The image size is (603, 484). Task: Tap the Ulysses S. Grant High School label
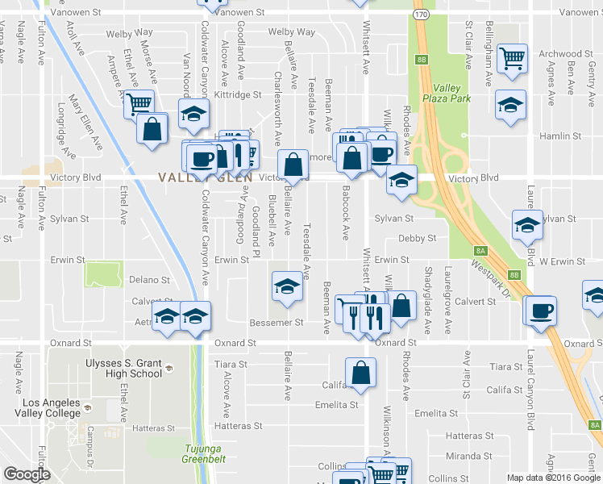coord(123,368)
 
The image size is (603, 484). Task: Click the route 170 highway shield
coord(421,15)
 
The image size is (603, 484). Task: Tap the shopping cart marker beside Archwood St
coord(512,59)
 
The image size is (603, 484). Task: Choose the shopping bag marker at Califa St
coord(361,373)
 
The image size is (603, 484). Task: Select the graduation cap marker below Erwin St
coord(286,287)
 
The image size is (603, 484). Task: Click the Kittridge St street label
coord(238,94)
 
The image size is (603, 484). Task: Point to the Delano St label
coord(149,281)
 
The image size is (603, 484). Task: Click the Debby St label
coord(417,239)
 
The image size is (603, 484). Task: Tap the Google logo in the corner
coord(26,474)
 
